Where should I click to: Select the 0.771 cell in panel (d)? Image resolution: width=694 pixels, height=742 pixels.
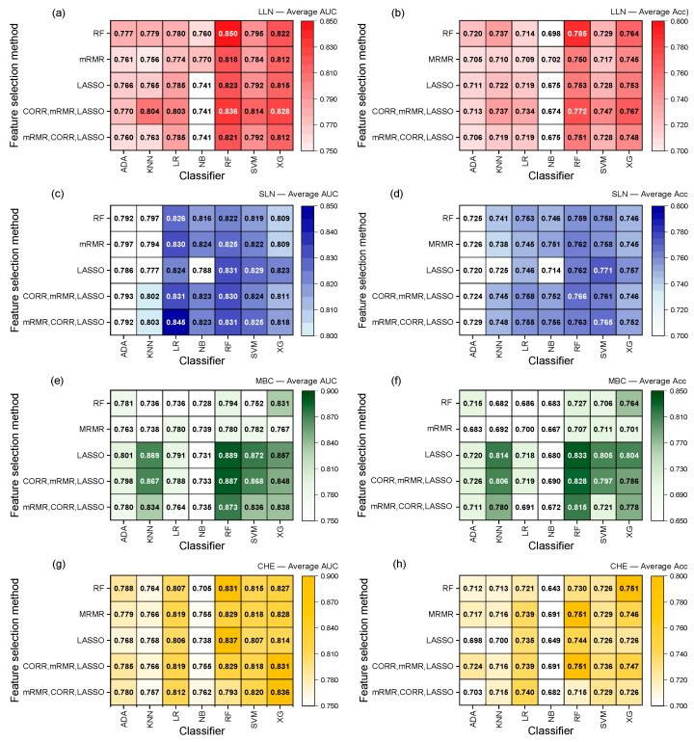(601, 268)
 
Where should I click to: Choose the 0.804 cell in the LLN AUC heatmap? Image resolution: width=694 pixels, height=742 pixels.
(151, 111)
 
